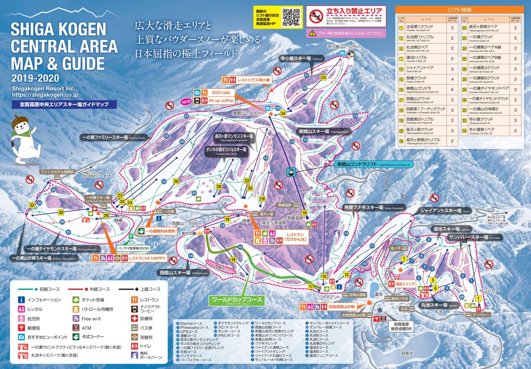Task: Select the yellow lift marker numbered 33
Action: (x=324, y=77)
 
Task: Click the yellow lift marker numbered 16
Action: (x=304, y=213)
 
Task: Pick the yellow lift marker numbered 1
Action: (x=478, y=298)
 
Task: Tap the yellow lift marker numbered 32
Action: (x=32, y=205)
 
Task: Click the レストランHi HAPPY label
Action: (x=147, y=258)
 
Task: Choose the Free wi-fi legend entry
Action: (x=91, y=319)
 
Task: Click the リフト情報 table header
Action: (x=460, y=10)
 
